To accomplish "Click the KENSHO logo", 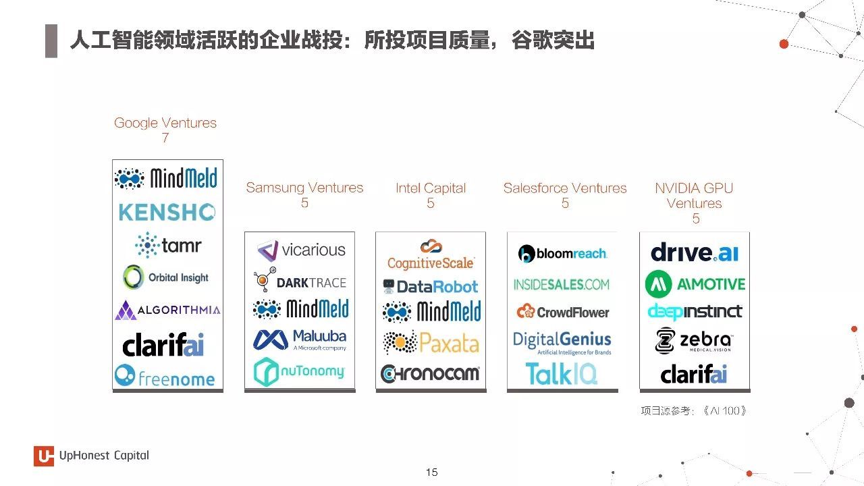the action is click(x=167, y=212).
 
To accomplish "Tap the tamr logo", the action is click(x=168, y=245).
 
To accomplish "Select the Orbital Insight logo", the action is click(x=165, y=277).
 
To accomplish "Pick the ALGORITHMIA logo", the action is click(x=167, y=310).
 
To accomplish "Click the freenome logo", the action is click(x=165, y=375).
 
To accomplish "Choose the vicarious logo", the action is click(x=301, y=250).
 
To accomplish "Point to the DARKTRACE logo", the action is click(x=300, y=279).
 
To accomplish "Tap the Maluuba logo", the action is click(x=300, y=340).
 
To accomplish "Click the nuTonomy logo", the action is click(x=299, y=371).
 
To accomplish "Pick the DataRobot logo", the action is click(x=431, y=286).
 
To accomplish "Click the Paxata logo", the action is click(x=431, y=342).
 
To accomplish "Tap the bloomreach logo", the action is click(x=563, y=253).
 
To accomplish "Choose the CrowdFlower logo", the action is click(x=563, y=312).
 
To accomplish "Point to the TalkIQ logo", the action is click(x=561, y=373).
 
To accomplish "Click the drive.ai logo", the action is click(x=695, y=252).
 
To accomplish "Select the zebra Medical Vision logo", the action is click(x=693, y=341).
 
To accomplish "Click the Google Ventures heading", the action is click(x=165, y=123).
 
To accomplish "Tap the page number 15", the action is click(x=431, y=472).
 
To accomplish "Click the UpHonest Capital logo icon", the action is click(x=44, y=456).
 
